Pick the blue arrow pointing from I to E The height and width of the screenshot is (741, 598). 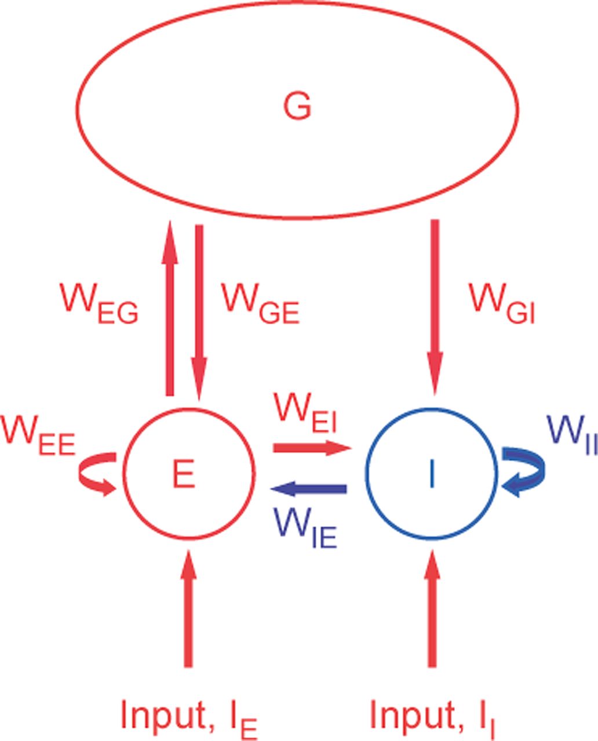(x=309, y=490)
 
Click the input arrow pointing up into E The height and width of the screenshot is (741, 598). (x=187, y=608)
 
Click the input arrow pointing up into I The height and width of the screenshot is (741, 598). (x=431, y=608)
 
